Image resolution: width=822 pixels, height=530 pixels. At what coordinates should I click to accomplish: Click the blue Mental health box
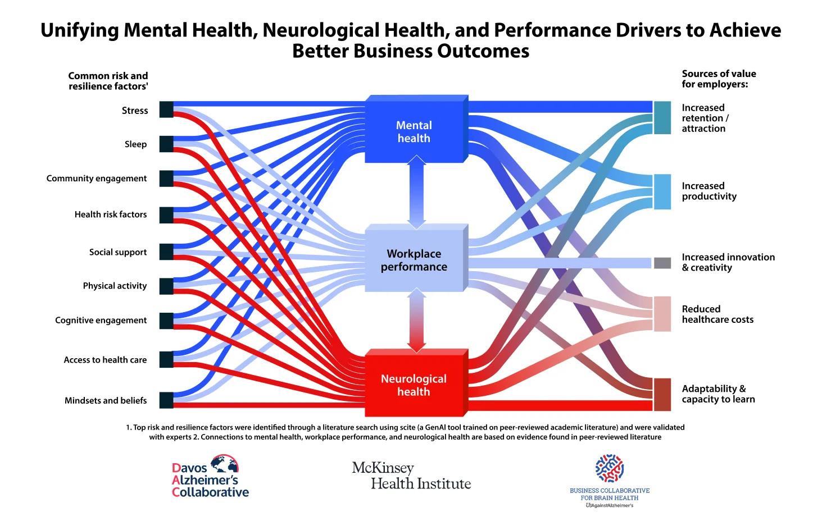414,132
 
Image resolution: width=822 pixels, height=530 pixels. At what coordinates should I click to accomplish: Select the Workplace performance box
414,260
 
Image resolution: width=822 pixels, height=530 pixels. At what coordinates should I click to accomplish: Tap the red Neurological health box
414,385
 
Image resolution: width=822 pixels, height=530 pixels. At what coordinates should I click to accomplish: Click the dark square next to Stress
166,109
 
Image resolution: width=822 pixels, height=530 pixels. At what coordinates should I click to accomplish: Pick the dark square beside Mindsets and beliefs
166,400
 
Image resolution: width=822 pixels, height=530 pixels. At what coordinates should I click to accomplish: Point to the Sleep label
135,144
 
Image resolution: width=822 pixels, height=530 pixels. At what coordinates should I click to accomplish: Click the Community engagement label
97,179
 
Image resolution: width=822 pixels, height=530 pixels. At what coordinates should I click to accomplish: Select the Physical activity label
115,286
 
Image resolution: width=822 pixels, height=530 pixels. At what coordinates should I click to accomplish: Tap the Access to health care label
105,360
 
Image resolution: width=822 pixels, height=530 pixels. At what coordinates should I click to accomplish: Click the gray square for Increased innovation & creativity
662,263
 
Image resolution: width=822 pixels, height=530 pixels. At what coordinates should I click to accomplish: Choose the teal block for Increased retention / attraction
662,118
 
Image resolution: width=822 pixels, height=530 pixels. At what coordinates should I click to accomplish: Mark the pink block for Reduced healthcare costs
662,314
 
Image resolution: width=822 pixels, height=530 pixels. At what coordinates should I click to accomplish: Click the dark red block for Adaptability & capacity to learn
662,395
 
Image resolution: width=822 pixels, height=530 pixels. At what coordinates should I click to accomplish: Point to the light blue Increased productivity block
662,191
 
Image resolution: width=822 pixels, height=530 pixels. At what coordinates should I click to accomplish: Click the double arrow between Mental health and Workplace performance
416,192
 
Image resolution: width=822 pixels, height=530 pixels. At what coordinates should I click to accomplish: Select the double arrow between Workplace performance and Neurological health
416,320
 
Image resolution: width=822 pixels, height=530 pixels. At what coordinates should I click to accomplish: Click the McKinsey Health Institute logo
411,476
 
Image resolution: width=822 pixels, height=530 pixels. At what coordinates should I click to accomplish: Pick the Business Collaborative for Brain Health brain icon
610,468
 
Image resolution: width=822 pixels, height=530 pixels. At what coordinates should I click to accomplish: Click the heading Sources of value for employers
719,79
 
